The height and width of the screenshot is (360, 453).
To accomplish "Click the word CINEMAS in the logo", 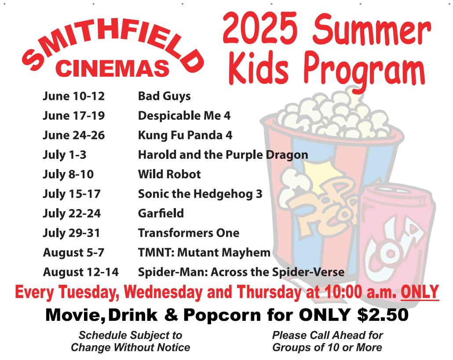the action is (112, 68).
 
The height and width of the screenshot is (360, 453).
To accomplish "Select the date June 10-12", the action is (74, 96).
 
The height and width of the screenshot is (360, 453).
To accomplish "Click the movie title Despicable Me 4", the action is (184, 116).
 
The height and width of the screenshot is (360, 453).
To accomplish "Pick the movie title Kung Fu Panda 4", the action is (185, 135).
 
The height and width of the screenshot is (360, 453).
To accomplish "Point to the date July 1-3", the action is (64, 155).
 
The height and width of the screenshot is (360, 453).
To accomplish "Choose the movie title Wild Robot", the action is (169, 174).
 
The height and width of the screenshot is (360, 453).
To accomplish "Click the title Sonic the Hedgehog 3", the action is (200, 194).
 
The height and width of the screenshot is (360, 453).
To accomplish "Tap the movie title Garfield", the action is (161, 213).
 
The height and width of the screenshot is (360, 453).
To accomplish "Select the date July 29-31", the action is (71, 233).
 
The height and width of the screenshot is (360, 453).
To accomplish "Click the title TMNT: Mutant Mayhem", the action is (204, 253).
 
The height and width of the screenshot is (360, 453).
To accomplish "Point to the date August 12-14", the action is (81, 272).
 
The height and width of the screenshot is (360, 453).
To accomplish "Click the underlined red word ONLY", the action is (420, 292).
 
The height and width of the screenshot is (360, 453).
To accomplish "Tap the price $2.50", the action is (383, 315).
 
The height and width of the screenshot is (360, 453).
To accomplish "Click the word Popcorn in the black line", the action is (223, 315).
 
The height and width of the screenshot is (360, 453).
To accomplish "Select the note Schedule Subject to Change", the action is (131, 341).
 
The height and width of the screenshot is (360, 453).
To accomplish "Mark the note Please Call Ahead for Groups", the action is (327, 341).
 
